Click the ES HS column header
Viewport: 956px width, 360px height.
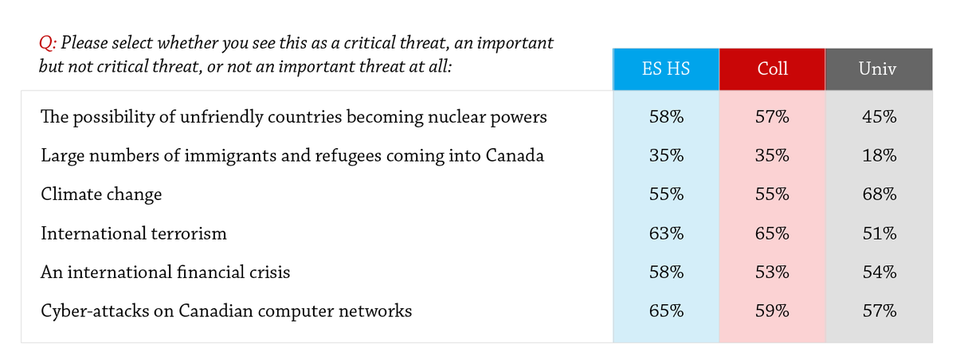pos(666,69)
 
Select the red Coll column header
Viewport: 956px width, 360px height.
pos(772,69)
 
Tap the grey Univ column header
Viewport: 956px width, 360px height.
pos(879,69)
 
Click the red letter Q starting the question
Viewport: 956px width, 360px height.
pos(45,43)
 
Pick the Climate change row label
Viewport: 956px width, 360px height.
pos(101,194)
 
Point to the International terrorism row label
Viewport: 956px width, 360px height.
pos(134,233)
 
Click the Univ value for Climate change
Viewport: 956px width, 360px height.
pos(880,194)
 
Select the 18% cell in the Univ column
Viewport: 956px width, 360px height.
pos(880,156)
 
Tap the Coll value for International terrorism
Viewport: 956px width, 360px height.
pos(772,233)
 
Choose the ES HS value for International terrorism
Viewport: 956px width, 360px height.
pos(666,233)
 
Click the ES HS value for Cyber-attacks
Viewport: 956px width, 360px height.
pos(666,311)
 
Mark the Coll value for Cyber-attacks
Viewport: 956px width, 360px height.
pos(772,311)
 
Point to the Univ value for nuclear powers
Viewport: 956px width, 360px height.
pos(880,117)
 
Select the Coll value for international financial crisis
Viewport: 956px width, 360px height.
pos(772,272)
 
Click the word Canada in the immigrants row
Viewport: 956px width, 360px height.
pos(515,156)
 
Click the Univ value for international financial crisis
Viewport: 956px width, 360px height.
pos(880,272)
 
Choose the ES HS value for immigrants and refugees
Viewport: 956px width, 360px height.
pos(666,156)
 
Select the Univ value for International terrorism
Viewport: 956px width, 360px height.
pos(880,233)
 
